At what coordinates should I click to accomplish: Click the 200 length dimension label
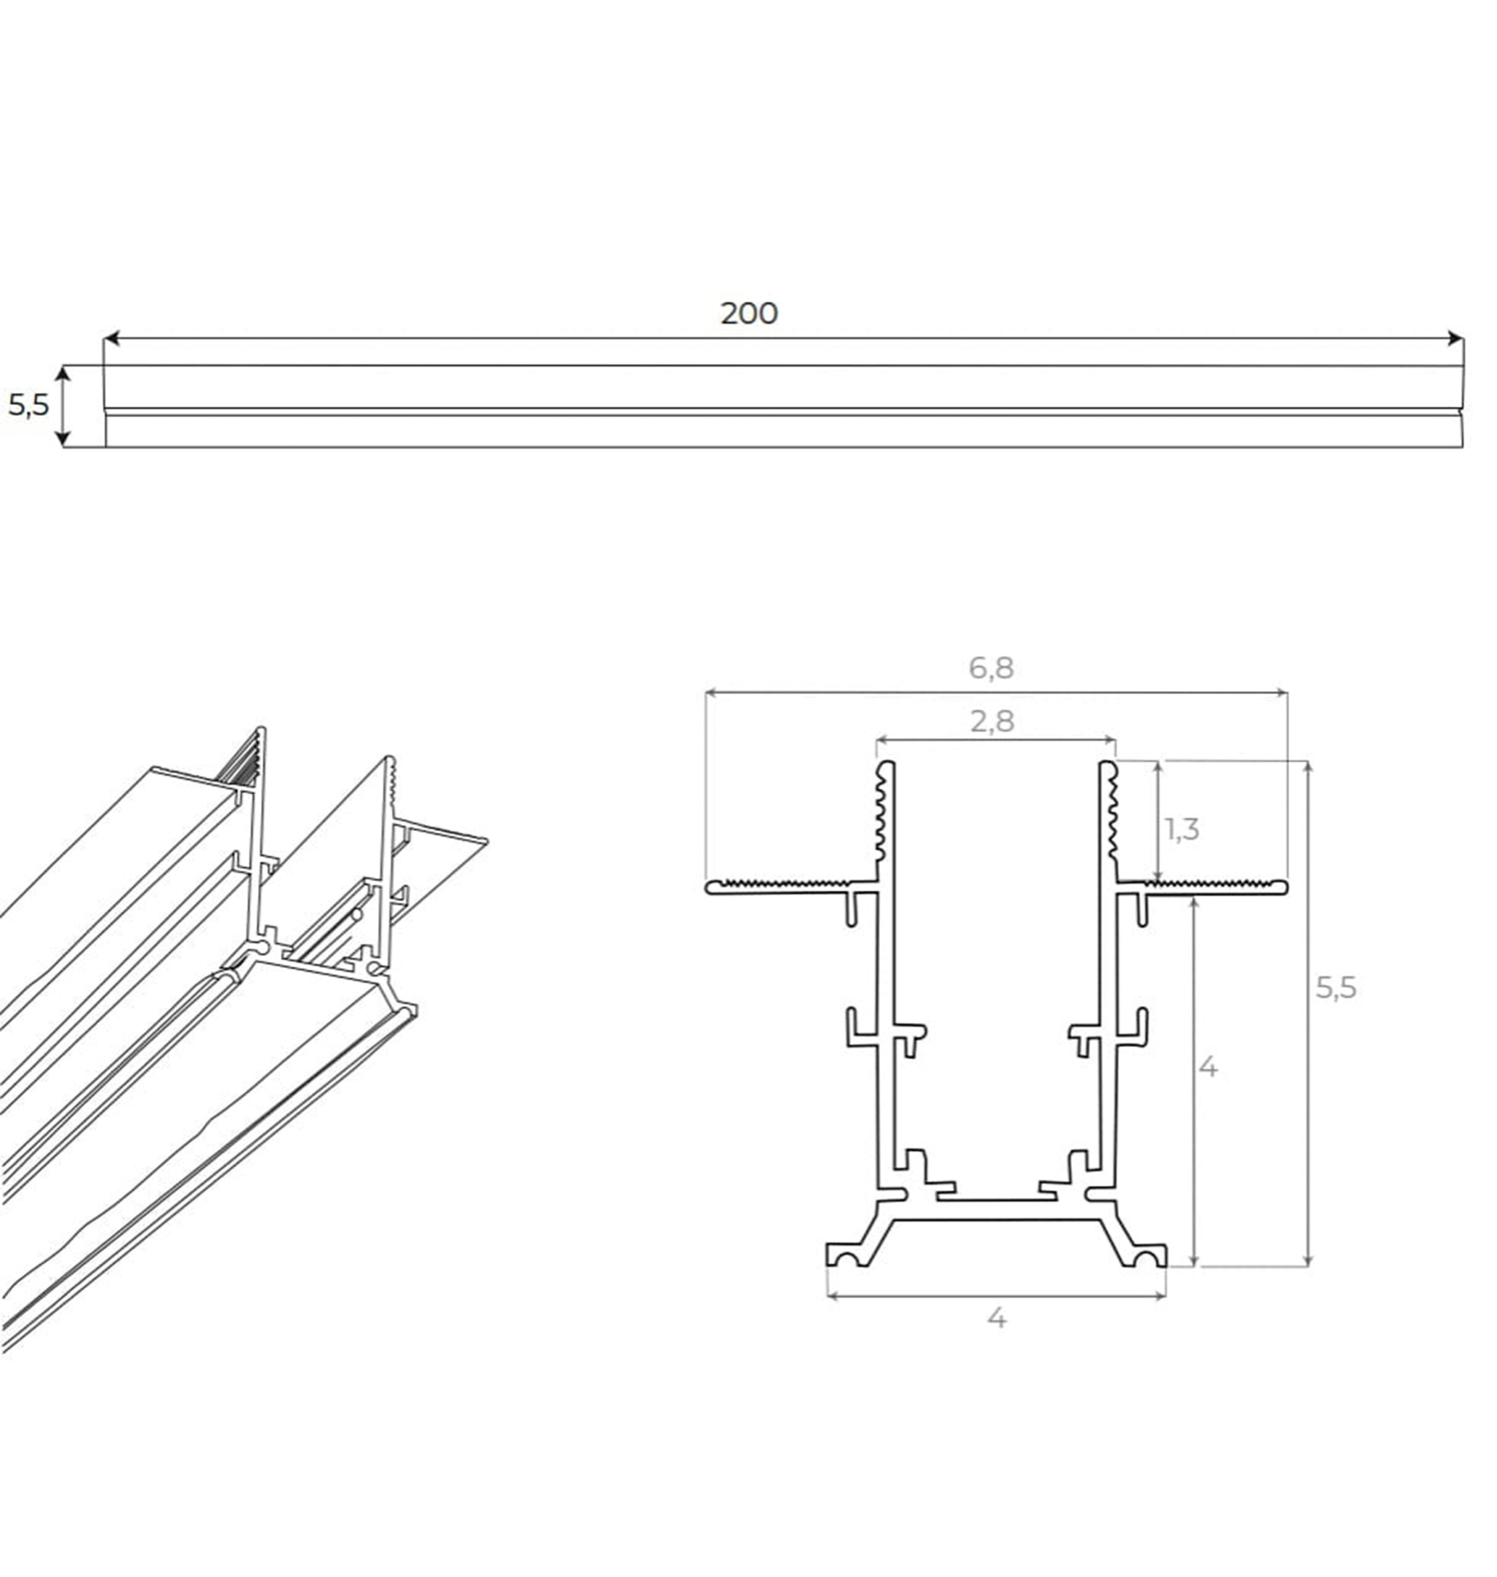click(748, 314)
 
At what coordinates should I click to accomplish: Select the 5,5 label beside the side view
click(29, 405)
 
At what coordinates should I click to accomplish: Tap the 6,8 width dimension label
click(991, 668)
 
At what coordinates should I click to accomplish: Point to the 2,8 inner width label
click(992, 721)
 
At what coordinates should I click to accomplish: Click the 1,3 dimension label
click(1182, 830)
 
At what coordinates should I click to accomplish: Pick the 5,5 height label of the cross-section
click(1336, 988)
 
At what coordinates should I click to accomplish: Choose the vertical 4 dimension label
click(1208, 1066)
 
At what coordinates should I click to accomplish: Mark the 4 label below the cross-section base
click(996, 1318)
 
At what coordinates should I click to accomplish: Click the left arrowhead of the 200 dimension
click(112, 338)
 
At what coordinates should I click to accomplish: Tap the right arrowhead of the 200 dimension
click(1456, 338)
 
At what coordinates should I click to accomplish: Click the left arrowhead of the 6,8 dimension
click(712, 693)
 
